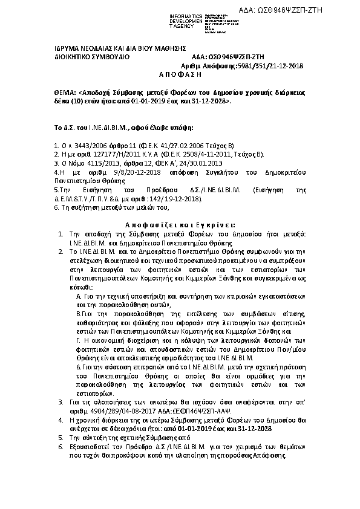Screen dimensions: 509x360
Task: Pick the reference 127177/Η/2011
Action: [99, 154]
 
